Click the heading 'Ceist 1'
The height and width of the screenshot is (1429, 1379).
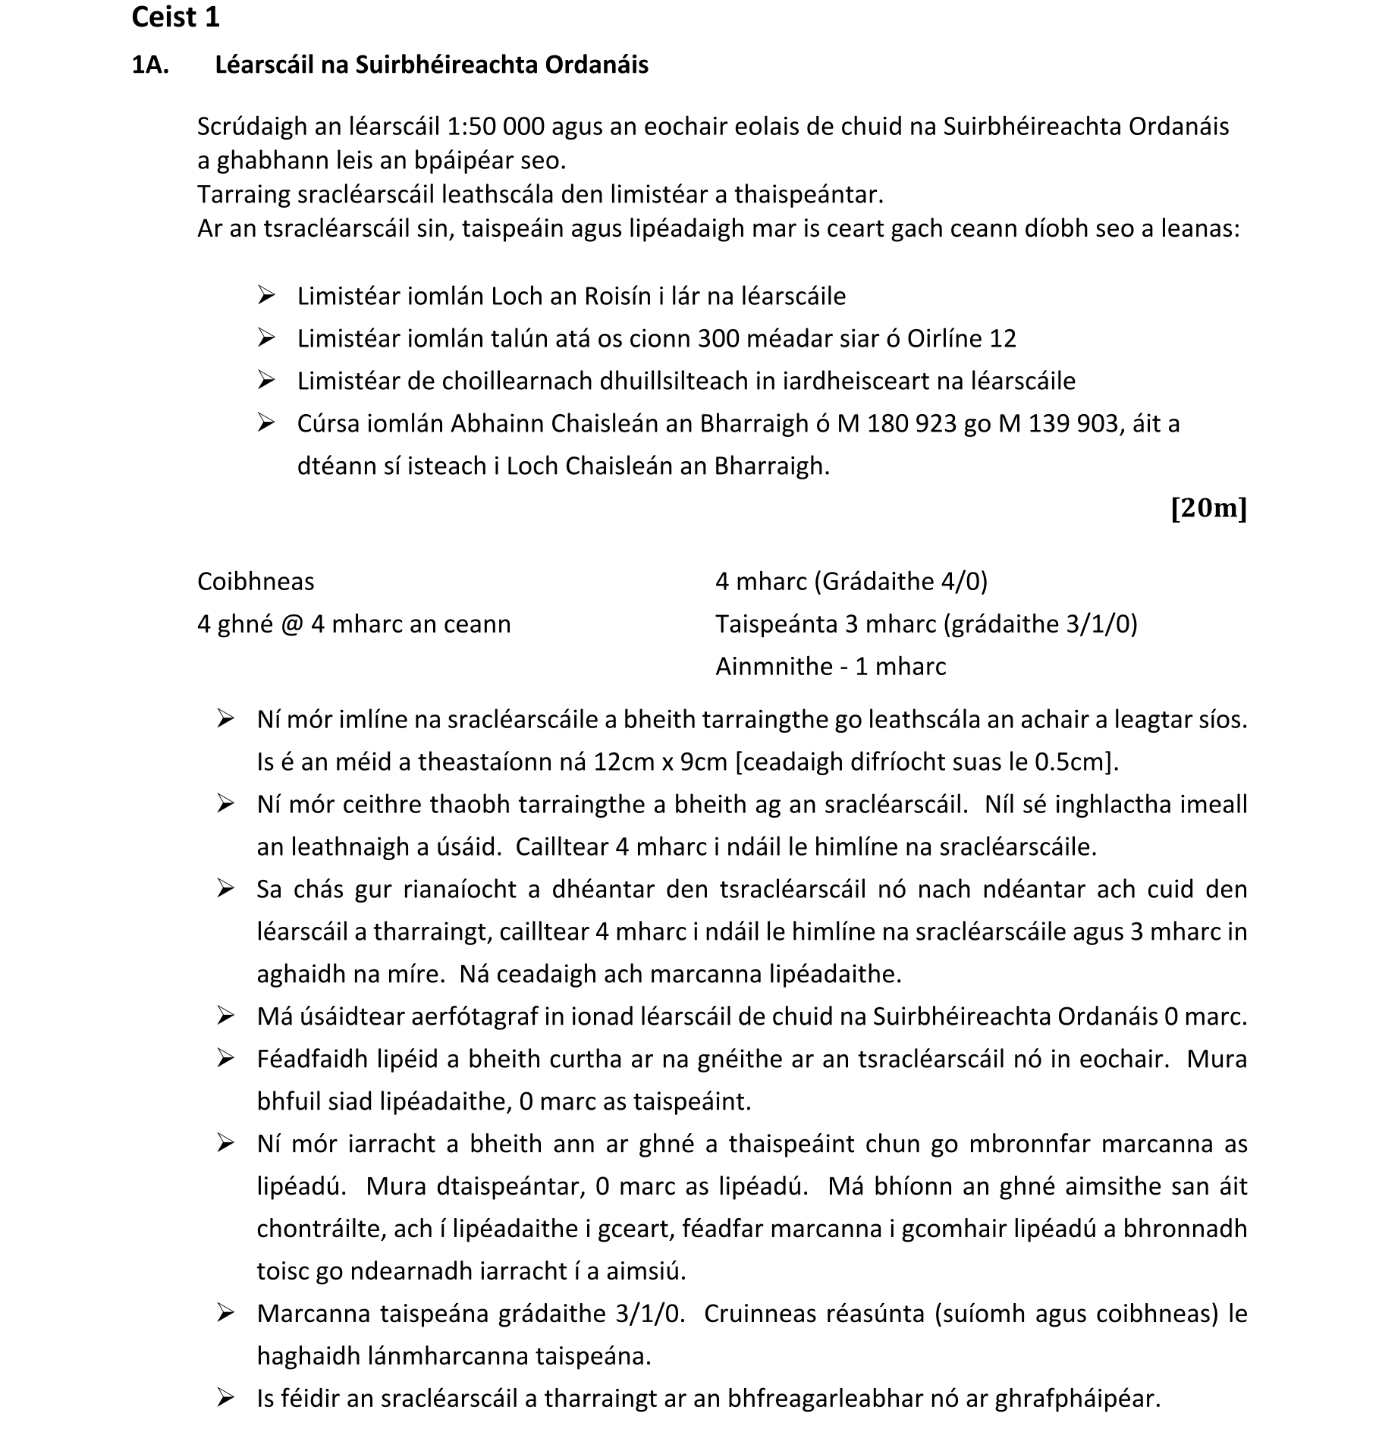point(175,17)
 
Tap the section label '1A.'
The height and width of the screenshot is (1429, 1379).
point(150,65)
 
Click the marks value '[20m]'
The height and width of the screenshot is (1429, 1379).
point(1208,508)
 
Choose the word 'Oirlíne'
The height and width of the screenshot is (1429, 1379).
point(935,338)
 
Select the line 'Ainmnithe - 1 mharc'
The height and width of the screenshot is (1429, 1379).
point(831,667)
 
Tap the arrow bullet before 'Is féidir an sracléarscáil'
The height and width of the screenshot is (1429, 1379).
point(225,1398)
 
